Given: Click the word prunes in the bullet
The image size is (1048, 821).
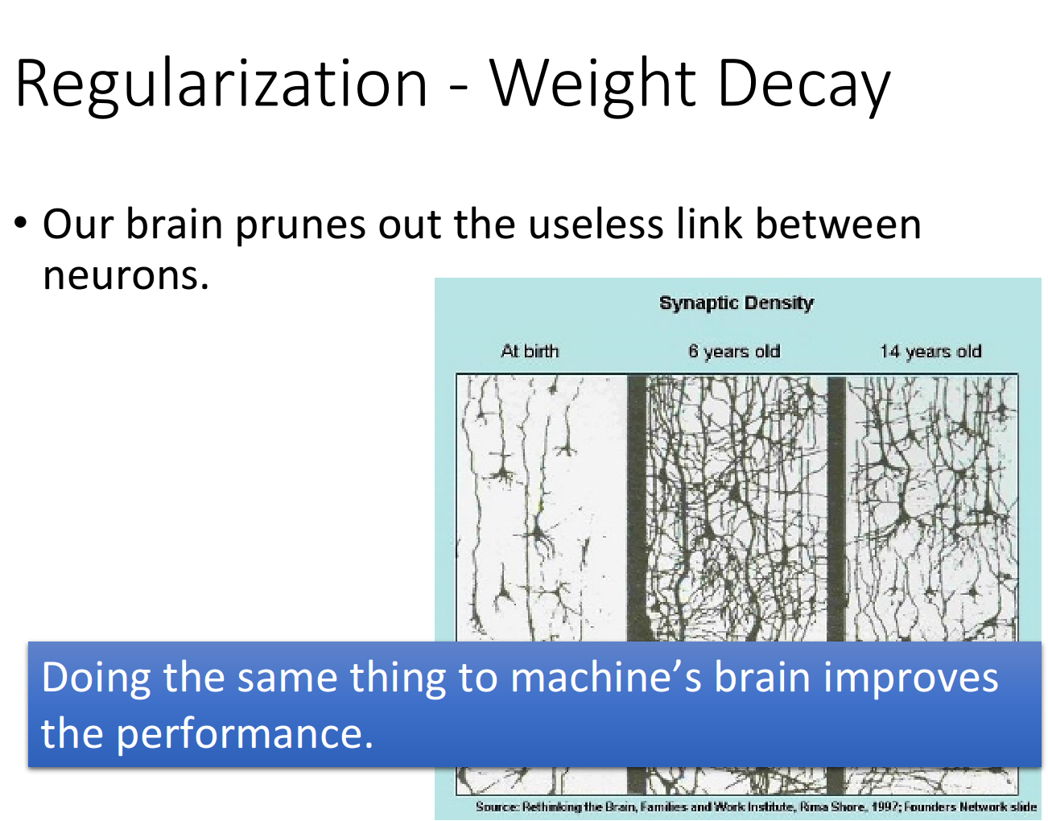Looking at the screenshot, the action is pyautogui.click(x=300, y=225).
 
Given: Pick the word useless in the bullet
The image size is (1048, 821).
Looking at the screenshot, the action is pyautogui.click(x=596, y=224).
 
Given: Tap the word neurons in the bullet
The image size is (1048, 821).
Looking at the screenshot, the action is pyautogui.click(x=126, y=276).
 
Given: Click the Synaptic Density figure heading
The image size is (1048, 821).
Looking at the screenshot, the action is pyautogui.click(x=736, y=303).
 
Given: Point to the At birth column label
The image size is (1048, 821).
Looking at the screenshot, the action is pyautogui.click(x=530, y=350).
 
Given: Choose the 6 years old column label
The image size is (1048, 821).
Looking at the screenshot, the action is pyautogui.click(x=734, y=352).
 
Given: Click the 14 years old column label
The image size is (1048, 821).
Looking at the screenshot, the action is pyautogui.click(x=930, y=352).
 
